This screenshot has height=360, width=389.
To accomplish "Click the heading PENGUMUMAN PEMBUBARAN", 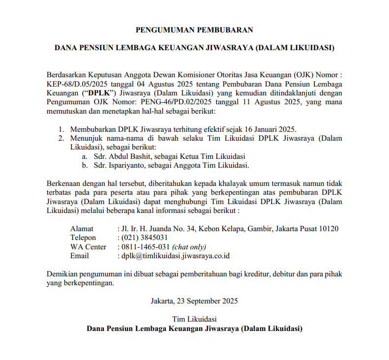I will tap(194, 30).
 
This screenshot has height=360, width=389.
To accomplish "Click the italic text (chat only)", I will tap(189, 247).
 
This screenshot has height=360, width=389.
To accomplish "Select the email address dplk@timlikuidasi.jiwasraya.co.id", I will tap(176, 256).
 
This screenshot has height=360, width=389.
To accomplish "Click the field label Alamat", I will tap(82, 229).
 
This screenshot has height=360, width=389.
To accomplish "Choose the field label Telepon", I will tap(84, 238).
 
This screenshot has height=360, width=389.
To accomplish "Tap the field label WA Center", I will tap(88, 247).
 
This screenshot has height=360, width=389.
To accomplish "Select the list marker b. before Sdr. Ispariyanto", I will tap(85, 165).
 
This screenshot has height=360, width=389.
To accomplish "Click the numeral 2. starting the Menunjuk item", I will tap(61, 138).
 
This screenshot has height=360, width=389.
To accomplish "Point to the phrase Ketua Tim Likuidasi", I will tap(208, 156).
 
